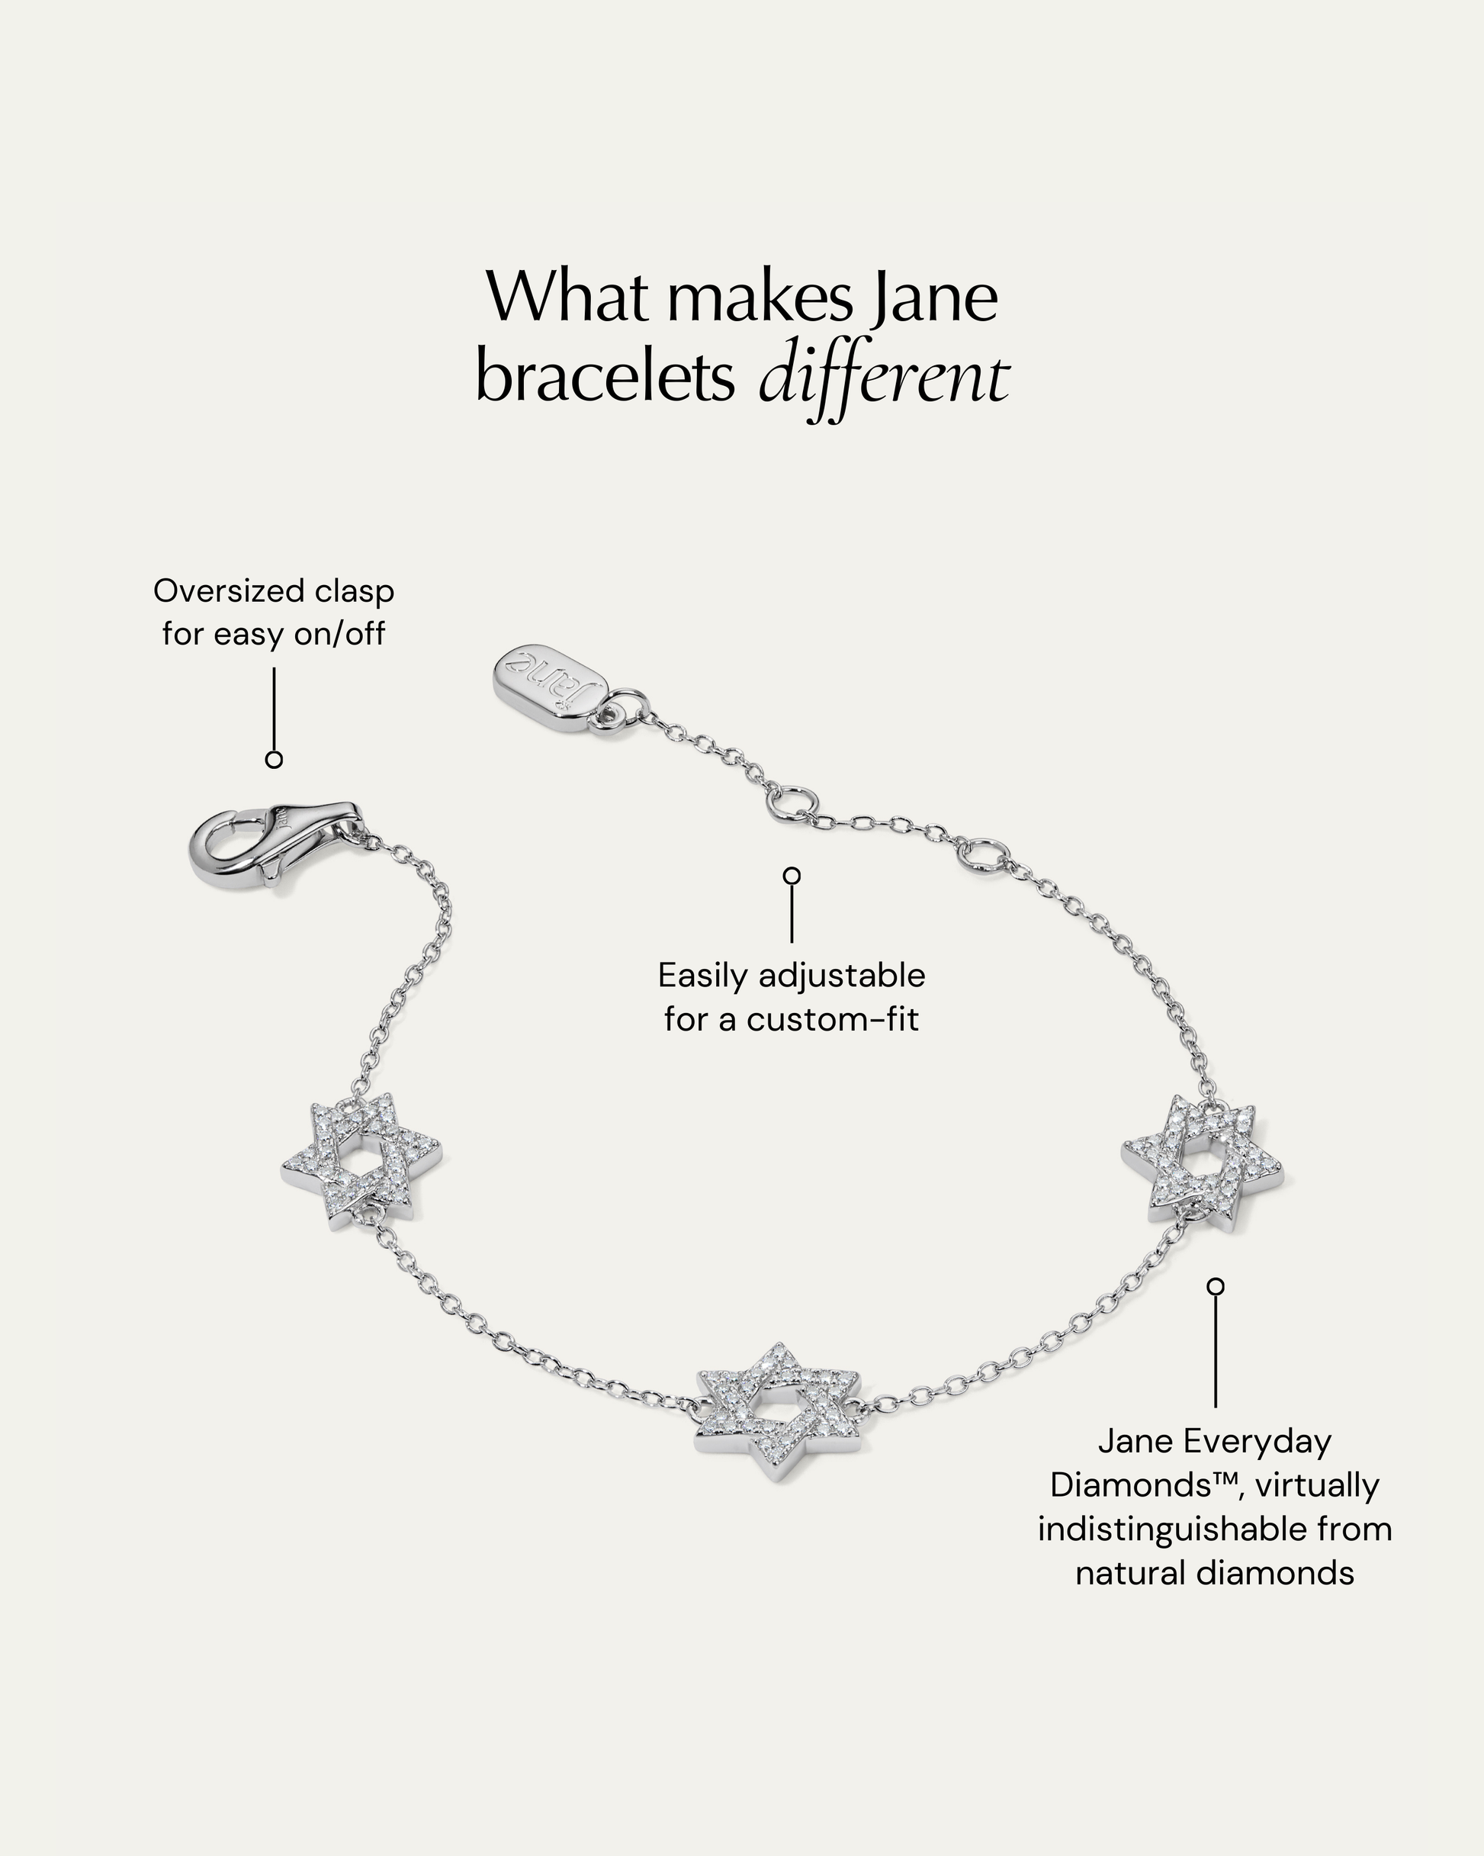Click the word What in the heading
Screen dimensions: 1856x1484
pos(567,297)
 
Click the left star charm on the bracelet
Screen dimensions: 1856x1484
pos(361,1160)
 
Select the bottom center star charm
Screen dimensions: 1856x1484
pos(780,1410)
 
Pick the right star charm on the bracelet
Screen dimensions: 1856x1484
pos(1203,1159)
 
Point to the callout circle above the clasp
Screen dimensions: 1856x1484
pos(274,759)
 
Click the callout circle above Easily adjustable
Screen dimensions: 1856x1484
pos(792,876)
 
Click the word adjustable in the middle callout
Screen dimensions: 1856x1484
pos(842,976)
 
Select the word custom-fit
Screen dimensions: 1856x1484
pos(833,1019)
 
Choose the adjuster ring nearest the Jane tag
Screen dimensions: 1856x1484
pos(789,800)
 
